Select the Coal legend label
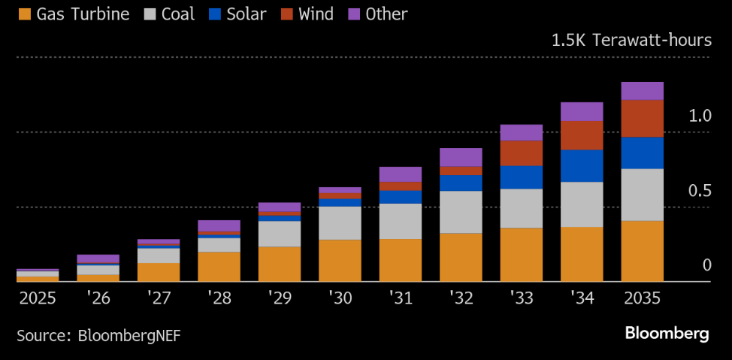(177, 14)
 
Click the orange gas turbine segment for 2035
(642, 251)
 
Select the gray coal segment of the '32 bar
(461, 212)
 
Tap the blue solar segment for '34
(582, 165)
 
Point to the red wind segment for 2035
(642, 118)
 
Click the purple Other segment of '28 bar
(219, 225)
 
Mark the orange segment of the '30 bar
(340, 260)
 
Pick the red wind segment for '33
(521, 153)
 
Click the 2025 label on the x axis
(38, 298)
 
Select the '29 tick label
(280, 298)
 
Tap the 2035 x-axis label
(642, 298)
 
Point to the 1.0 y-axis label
(700, 116)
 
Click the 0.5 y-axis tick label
(700, 191)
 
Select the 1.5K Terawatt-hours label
(631, 40)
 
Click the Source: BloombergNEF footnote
(98, 334)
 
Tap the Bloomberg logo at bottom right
(667, 334)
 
